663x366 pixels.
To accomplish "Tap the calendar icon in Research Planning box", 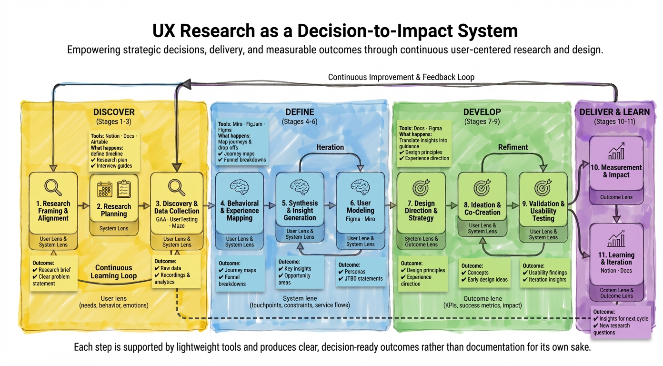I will [x=104, y=189].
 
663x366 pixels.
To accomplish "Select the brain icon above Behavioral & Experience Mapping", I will [x=239, y=186].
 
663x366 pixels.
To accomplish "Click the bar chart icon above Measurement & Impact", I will [x=616, y=152].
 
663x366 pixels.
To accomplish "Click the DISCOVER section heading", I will [x=114, y=112].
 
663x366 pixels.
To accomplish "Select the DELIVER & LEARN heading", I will [x=614, y=112].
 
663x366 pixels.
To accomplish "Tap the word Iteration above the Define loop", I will [x=330, y=147].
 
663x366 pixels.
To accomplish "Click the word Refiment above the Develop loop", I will [x=512, y=147].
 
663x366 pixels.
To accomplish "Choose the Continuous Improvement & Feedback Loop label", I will [x=401, y=77].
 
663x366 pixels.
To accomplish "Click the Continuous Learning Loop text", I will [x=113, y=272].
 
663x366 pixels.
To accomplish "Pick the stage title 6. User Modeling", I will [x=360, y=207].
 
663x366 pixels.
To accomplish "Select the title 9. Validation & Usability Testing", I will [x=543, y=211].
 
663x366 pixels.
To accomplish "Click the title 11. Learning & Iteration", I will [x=616, y=258].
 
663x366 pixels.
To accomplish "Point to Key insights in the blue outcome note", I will [x=296, y=269].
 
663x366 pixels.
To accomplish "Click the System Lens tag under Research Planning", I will [x=114, y=229].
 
